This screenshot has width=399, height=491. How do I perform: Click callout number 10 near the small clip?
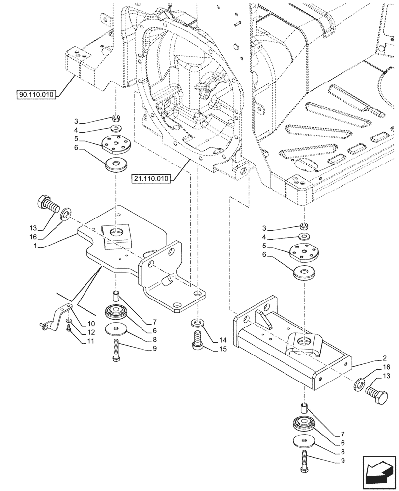coord(91,324)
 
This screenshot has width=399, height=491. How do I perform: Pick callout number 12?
coord(91,332)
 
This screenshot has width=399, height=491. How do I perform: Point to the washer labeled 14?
coord(197,323)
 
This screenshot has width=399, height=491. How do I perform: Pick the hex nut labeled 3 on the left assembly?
coord(116,118)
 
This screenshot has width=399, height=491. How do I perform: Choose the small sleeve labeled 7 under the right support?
coord(304,408)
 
